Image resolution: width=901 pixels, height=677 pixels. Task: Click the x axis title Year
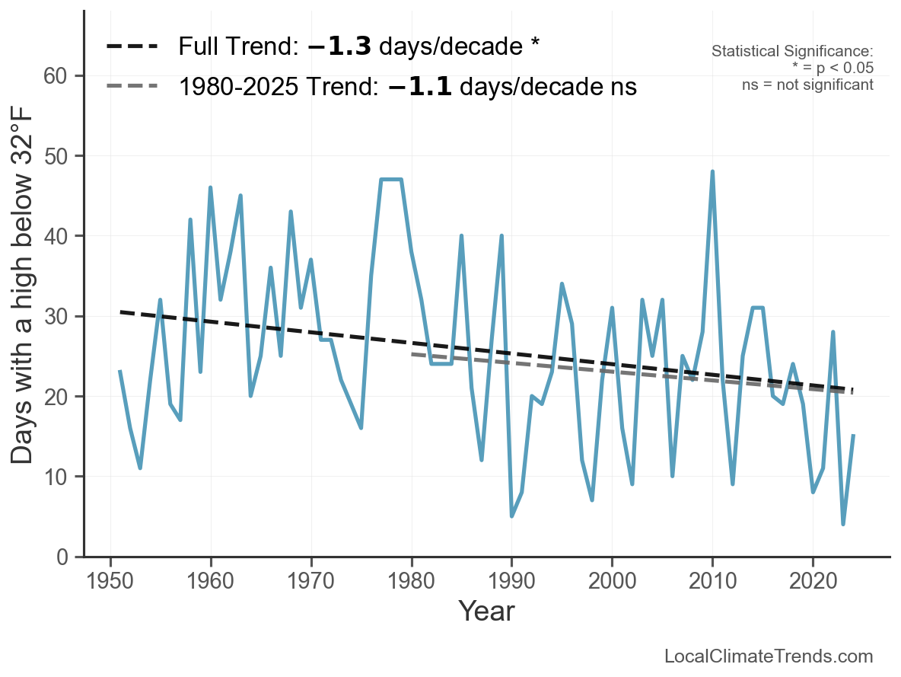pos(486,611)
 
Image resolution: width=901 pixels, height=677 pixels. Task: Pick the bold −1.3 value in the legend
pos(339,46)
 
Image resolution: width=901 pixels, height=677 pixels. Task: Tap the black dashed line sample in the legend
pos(132,46)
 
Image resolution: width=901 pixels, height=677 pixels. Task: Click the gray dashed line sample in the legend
pos(132,86)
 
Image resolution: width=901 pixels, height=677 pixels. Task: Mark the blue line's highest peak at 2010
pos(712,171)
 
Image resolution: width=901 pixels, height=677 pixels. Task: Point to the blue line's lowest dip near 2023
pos(843,524)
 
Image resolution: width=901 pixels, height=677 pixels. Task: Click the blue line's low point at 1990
pos(512,516)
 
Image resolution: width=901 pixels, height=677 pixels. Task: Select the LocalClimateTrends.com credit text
pos(769,656)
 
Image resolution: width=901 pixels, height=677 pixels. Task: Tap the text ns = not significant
pos(807,85)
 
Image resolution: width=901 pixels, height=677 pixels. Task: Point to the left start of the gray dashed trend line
pos(412,354)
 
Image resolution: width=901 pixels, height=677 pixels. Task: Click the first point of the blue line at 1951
pos(120,372)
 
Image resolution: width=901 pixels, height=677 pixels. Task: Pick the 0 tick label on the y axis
pos(62,557)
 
